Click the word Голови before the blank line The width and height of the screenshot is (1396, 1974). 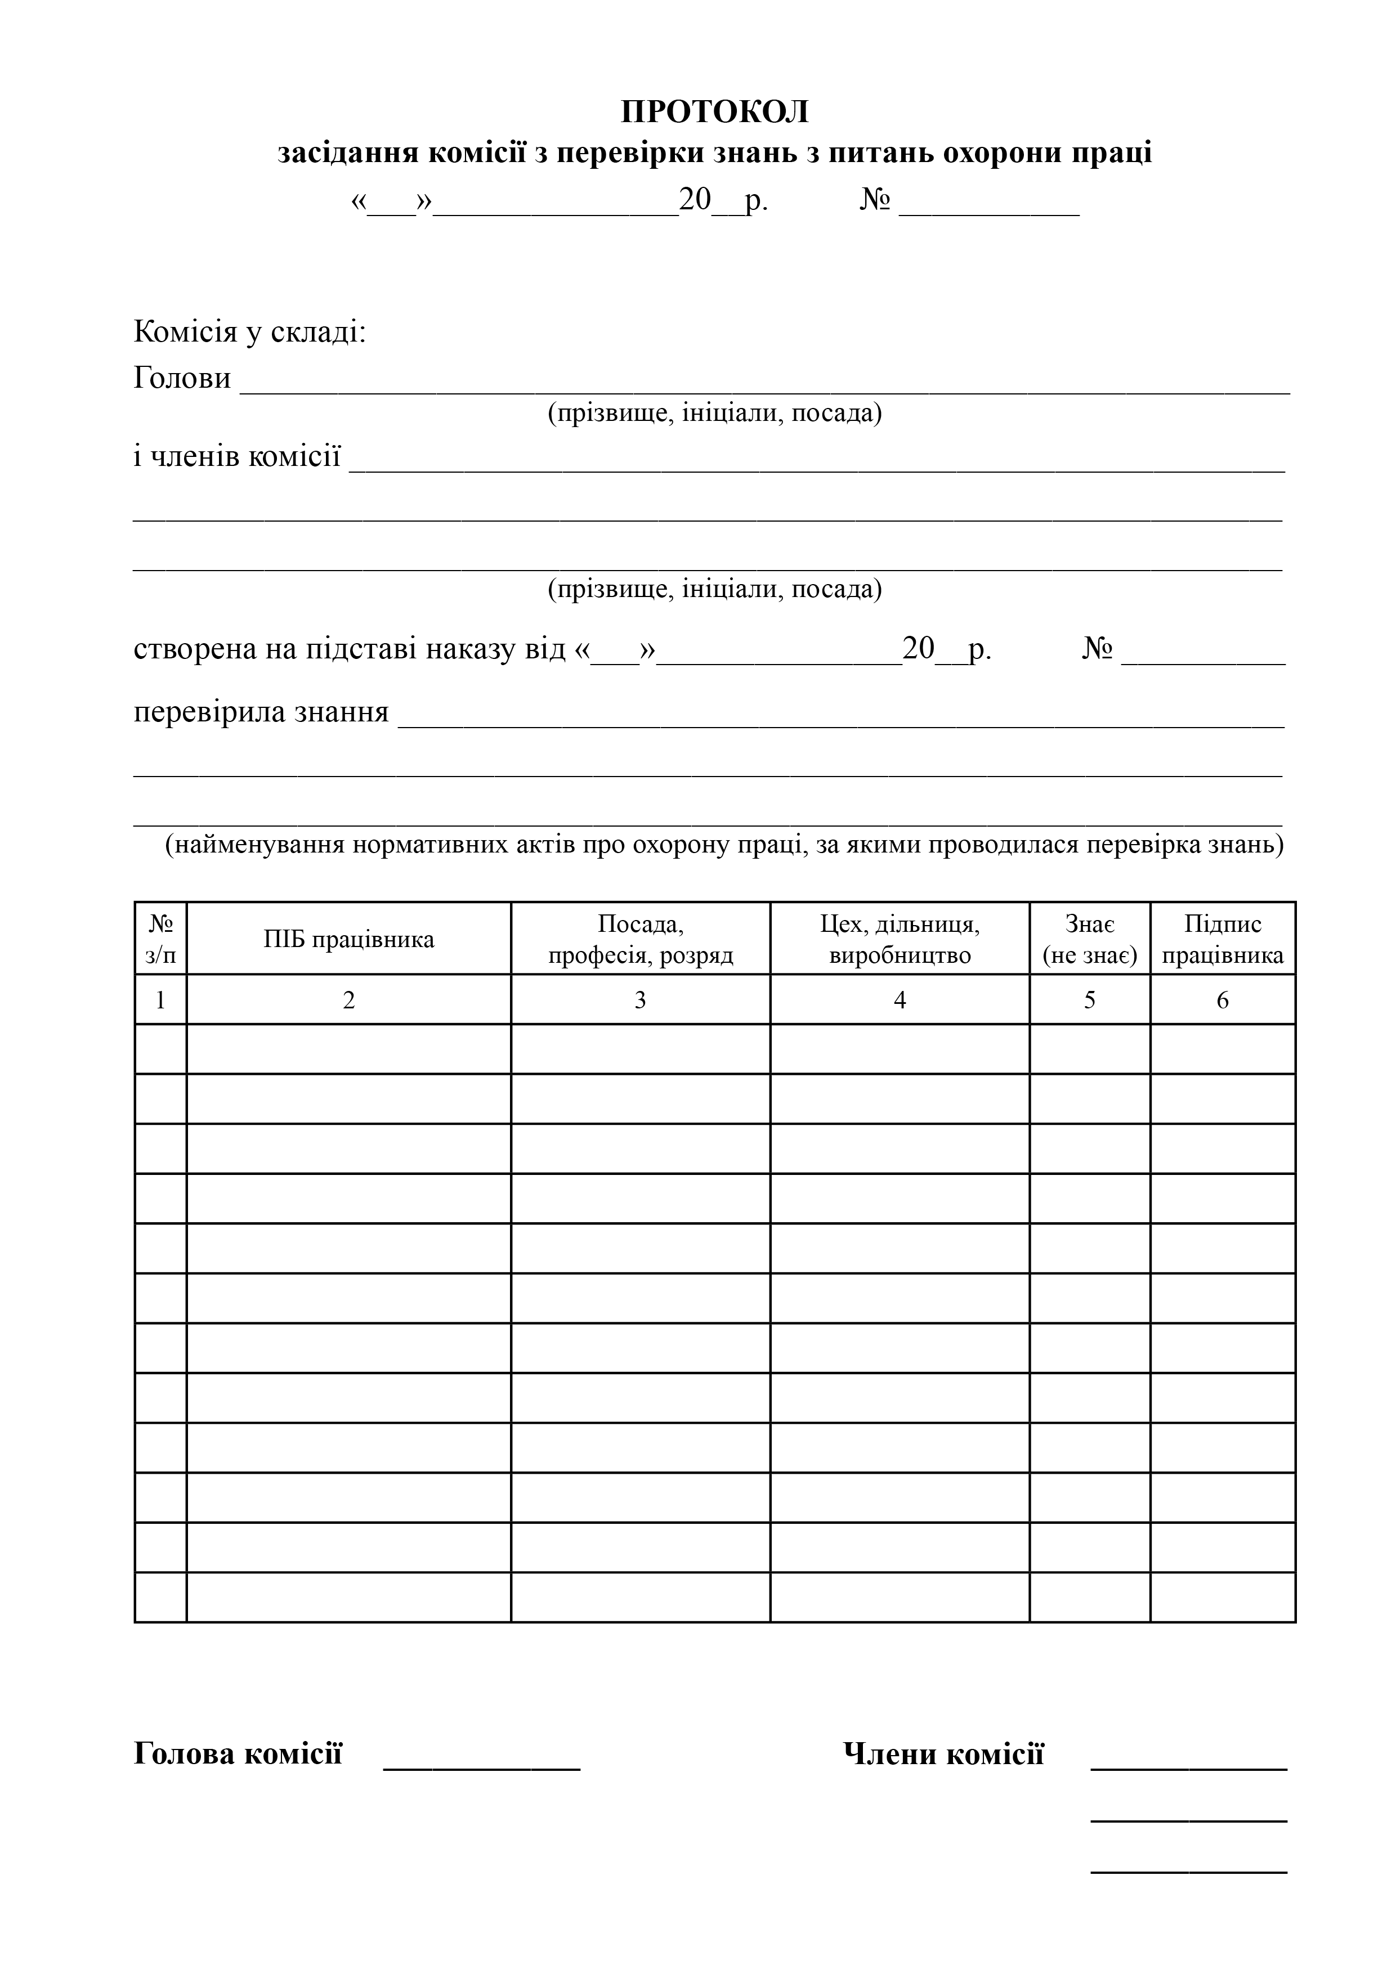point(182,378)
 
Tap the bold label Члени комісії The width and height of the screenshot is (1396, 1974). point(943,1754)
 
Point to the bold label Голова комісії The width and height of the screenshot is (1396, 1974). point(238,1754)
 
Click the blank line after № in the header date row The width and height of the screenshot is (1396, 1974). point(989,207)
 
